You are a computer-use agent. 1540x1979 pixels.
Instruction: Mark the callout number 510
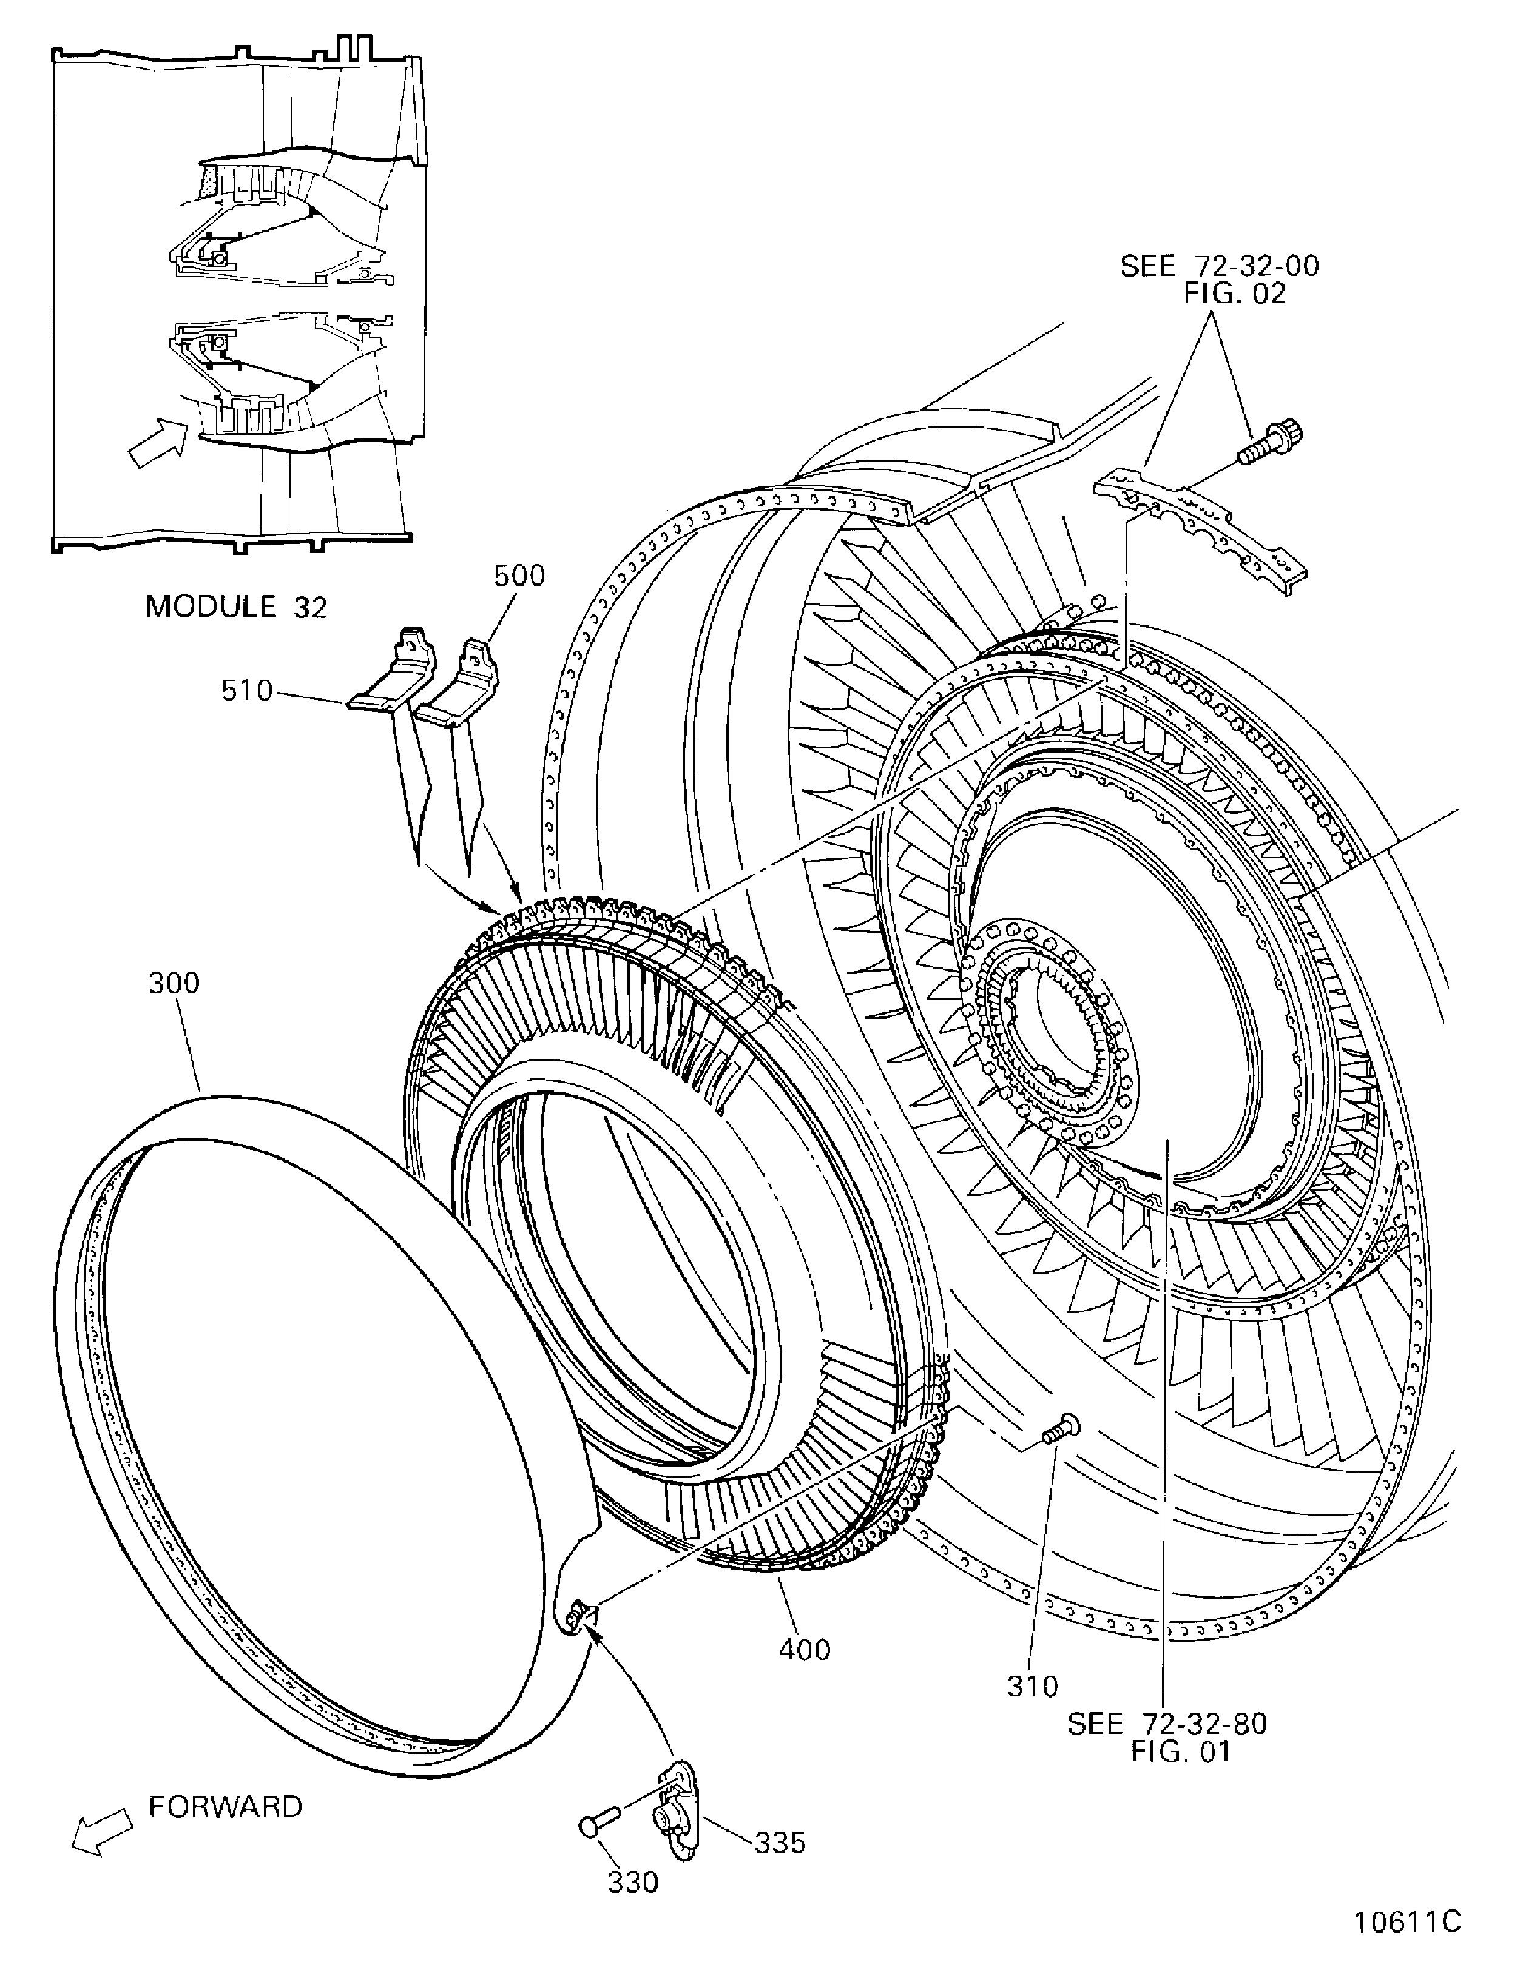[x=246, y=691]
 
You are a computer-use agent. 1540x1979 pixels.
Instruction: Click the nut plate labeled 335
[x=675, y=1812]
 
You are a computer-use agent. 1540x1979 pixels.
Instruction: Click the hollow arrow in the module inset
[x=156, y=444]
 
